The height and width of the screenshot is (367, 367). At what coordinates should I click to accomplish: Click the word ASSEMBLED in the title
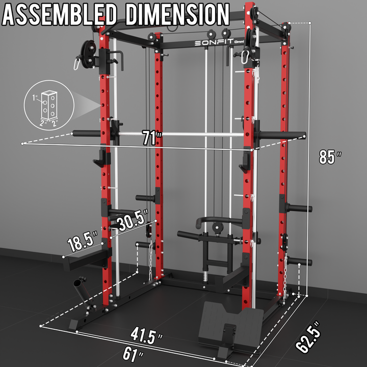(60, 14)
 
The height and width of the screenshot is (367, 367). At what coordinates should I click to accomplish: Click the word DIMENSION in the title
(178, 14)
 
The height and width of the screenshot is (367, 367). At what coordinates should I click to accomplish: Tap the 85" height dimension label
(330, 156)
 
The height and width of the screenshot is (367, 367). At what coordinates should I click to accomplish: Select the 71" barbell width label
(152, 138)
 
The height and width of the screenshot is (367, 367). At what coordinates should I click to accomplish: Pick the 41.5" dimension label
(146, 335)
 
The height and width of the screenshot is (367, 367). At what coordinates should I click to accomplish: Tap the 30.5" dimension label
(133, 220)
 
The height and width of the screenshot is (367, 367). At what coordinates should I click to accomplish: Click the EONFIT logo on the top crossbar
(214, 42)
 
